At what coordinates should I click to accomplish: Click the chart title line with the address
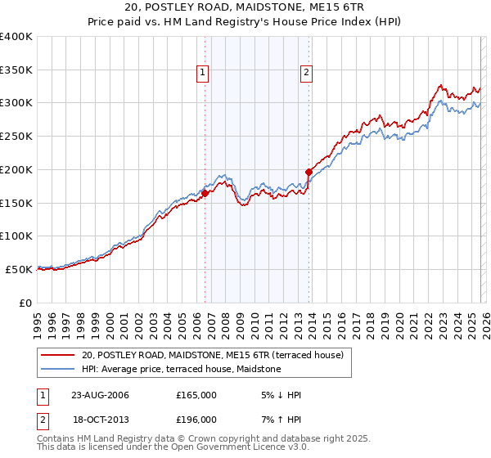(x=245, y=8)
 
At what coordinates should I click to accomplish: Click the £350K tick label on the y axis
(x=16, y=70)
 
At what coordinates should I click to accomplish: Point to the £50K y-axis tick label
(x=20, y=269)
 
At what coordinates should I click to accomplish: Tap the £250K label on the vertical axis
(x=16, y=137)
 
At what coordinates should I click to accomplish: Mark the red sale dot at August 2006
(x=205, y=193)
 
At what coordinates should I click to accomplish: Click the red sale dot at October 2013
(x=309, y=173)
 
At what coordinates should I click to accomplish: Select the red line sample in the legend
(x=57, y=355)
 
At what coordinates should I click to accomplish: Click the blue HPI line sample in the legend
(x=57, y=370)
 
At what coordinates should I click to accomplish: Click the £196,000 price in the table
(x=196, y=420)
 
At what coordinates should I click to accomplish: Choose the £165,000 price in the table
(x=196, y=395)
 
